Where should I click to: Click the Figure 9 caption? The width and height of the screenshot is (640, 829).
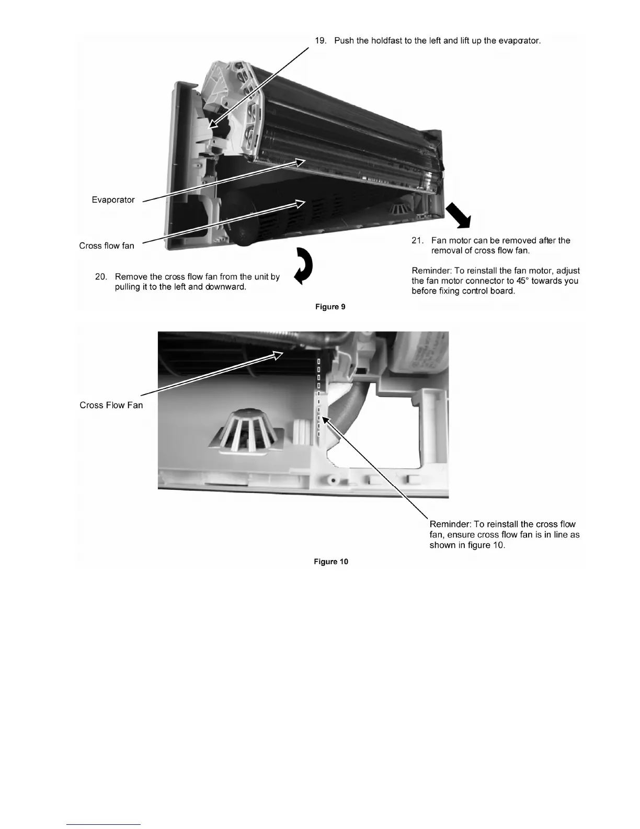click(x=330, y=307)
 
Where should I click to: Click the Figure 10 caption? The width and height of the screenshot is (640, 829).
click(x=331, y=562)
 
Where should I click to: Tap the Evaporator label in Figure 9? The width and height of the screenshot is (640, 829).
click(x=113, y=200)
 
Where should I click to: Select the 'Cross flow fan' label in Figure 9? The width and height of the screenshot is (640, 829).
click(x=107, y=246)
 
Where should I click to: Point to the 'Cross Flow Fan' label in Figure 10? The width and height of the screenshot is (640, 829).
click(x=111, y=405)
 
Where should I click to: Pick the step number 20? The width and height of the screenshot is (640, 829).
click(x=101, y=277)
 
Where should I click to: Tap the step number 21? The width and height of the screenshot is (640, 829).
click(x=417, y=241)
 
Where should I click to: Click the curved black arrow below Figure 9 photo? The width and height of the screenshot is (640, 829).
click(x=304, y=265)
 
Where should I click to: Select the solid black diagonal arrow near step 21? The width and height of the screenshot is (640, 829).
click(x=459, y=216)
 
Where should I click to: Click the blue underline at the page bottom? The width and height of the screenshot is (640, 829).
click(x=104, y=825)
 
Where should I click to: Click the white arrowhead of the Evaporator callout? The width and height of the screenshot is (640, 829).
click(x=299, y=162)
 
